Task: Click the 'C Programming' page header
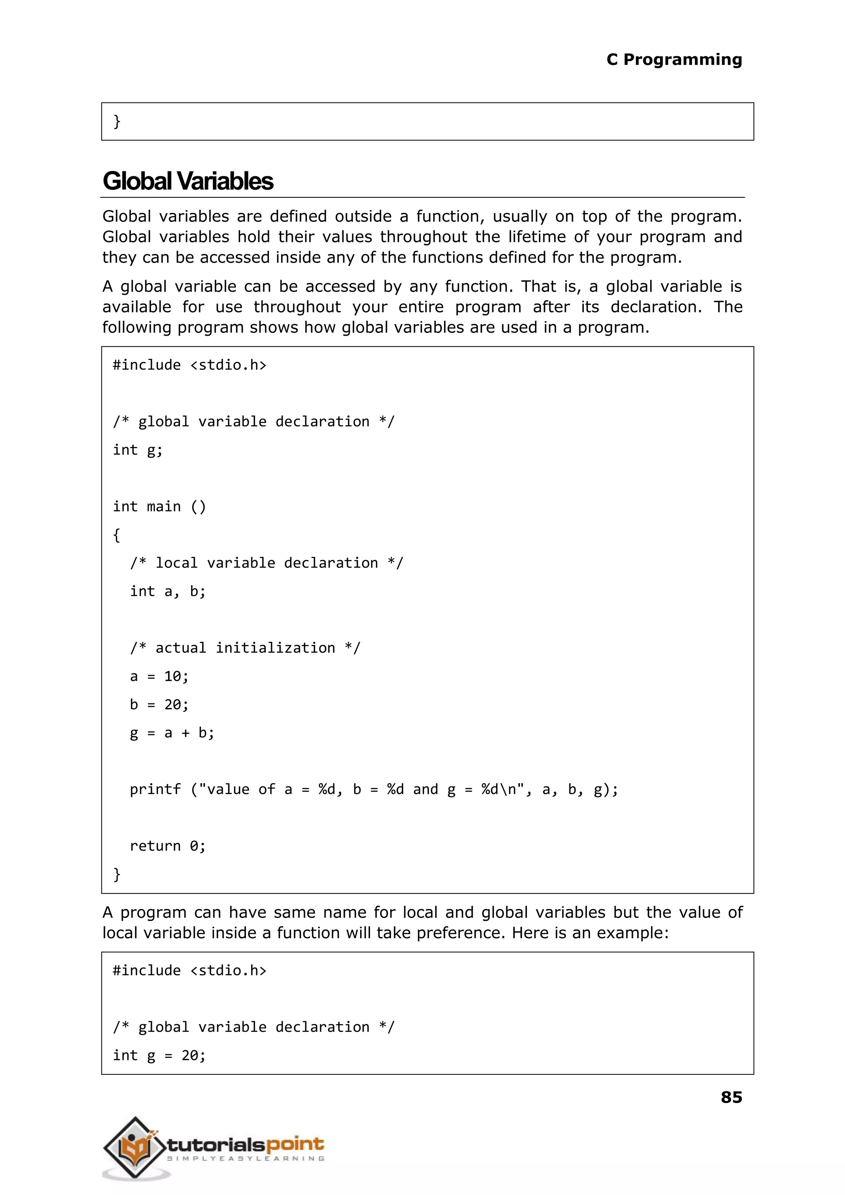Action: (674, 59)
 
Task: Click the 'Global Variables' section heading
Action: (188, 181)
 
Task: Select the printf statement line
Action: (373, 790)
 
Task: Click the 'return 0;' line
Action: (168, 846)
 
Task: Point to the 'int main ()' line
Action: (159, 506)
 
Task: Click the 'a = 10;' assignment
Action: (159, 676)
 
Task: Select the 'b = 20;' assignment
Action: (159, 704)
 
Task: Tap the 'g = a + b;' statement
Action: (172, 733)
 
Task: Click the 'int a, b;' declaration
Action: (168, 591)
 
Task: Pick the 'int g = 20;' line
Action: (159, 1055)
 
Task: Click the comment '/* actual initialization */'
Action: (245, 648)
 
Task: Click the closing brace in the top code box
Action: (117, 121)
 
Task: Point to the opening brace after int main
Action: (117, 535)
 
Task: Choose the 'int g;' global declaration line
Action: (137, 450)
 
